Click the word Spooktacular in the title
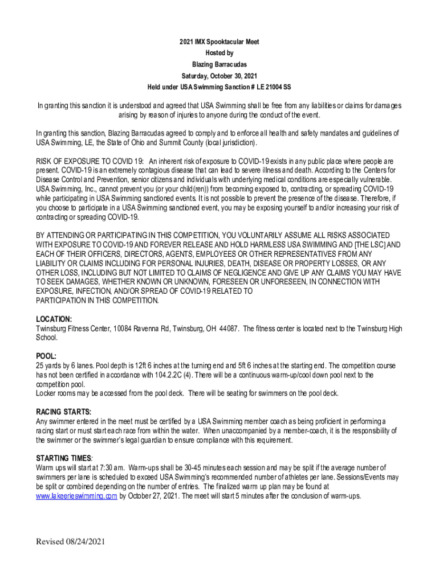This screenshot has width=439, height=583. [x=219, y=43]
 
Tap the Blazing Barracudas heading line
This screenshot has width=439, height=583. [x=219, y=64]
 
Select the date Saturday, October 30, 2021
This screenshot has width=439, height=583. [x=219, y=76]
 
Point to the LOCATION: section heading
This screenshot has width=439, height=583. [x=54, y=319]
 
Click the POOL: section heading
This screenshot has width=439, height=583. [x=46, y=356]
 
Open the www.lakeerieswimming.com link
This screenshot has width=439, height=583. [x=76, y=496]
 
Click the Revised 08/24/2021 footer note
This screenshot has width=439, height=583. [x=71, y=541]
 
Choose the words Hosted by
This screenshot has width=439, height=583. [x=219, y=54]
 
